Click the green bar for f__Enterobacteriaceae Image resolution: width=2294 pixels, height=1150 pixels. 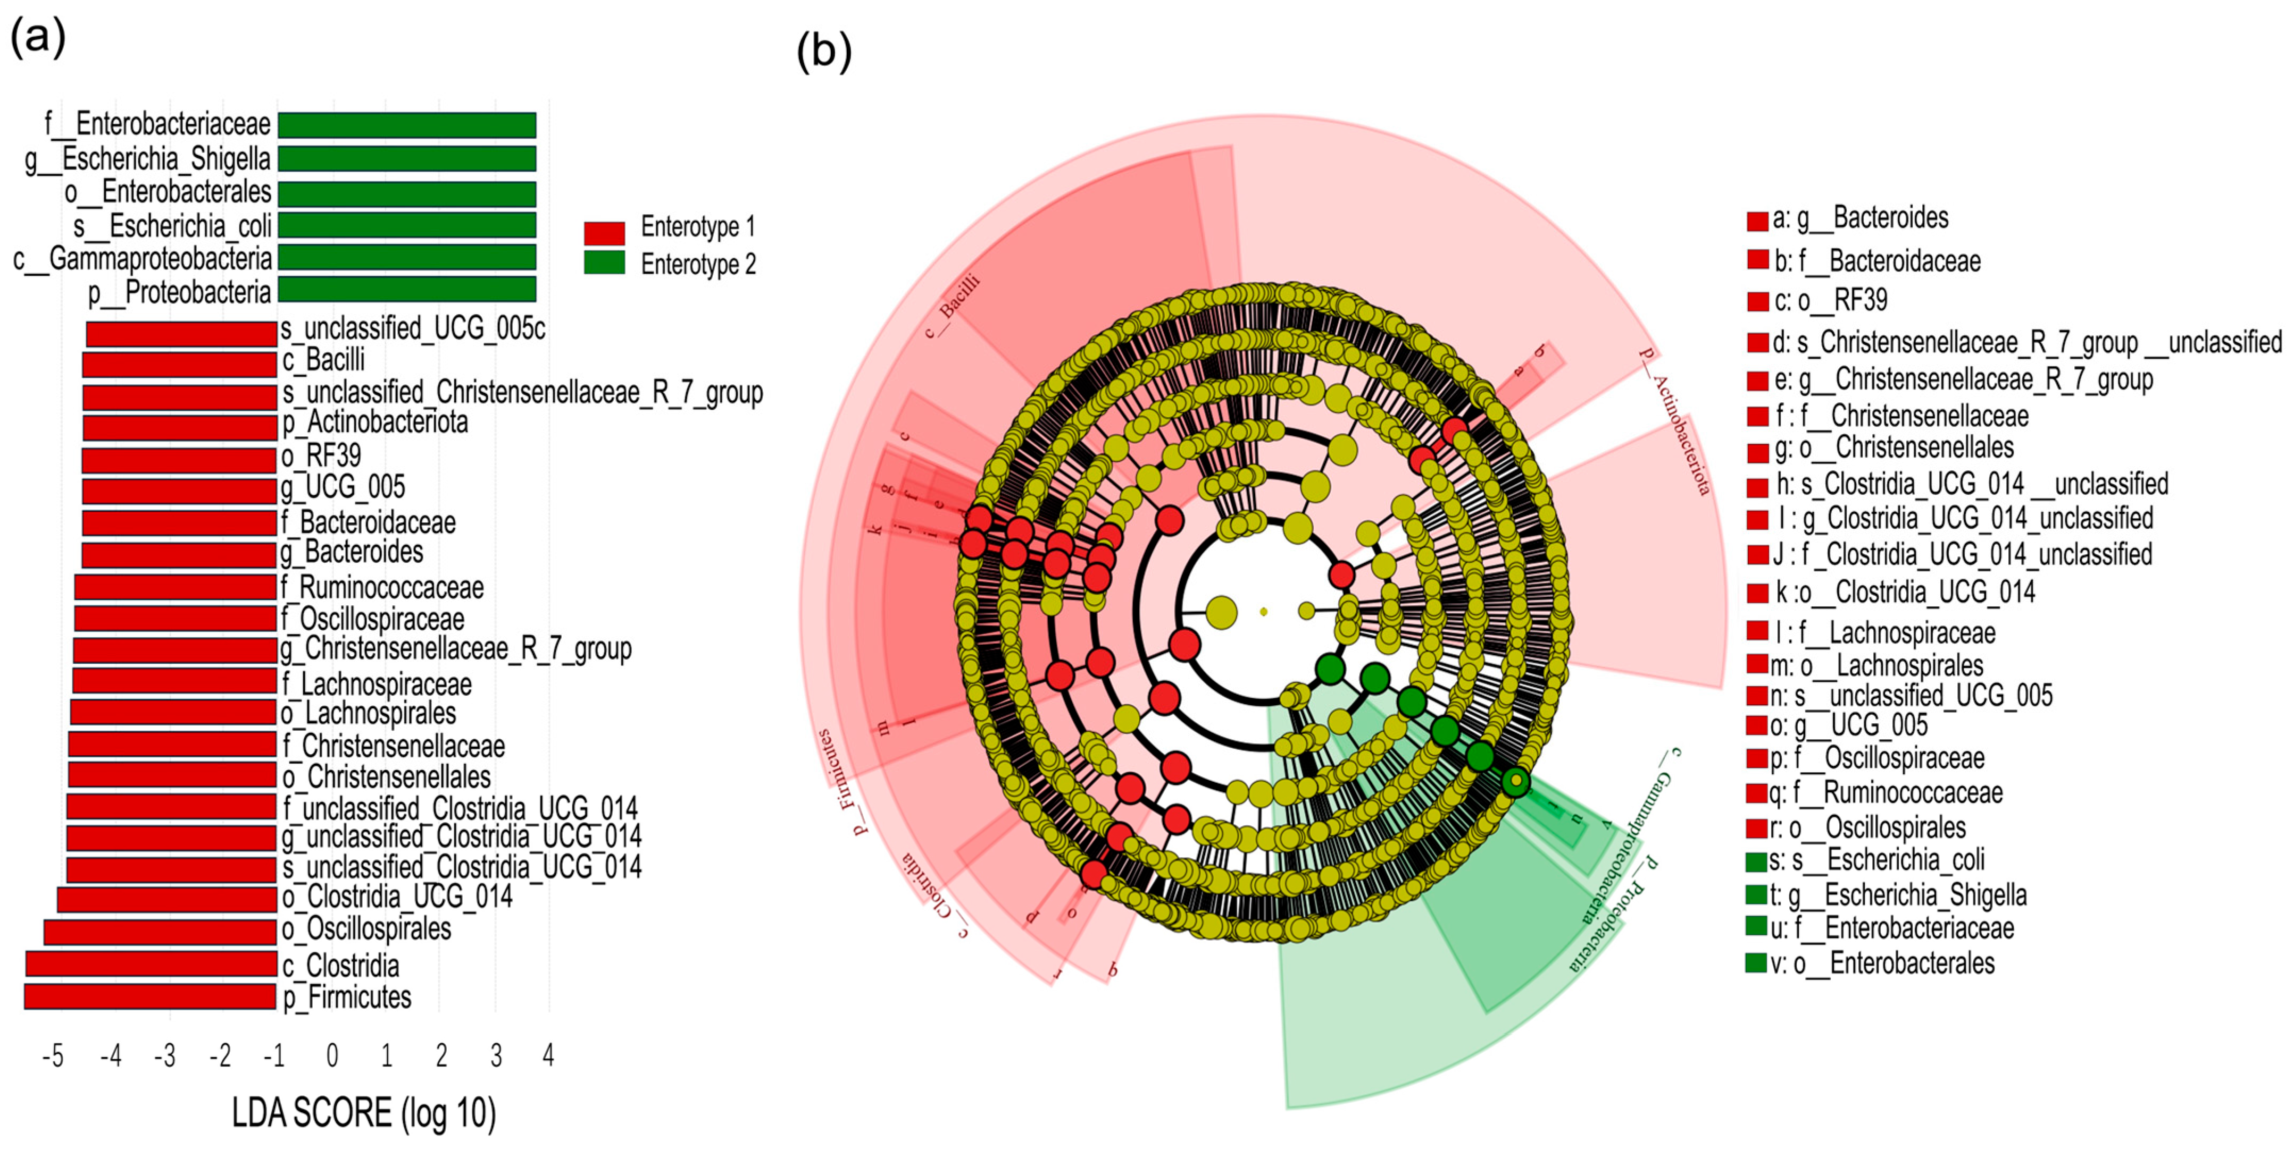coord(407,124)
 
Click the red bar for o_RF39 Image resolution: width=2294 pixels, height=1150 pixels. coord(179,460)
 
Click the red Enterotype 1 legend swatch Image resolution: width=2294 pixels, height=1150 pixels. coord(604,232)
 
